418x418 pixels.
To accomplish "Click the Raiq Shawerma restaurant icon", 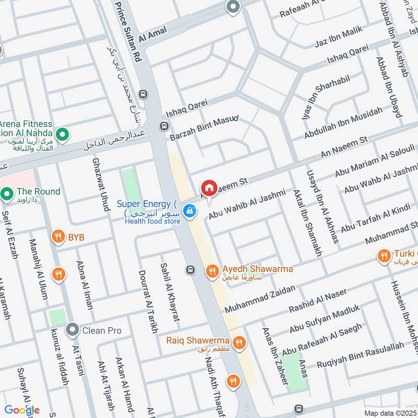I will [x=239, y=343].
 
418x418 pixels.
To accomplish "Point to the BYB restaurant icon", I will [x=58, y=238].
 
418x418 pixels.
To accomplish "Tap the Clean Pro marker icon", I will [x=72, y=330].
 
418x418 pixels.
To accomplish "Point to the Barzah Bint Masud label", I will [x=204, y=129].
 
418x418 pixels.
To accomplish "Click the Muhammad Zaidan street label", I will [x=260, y=299].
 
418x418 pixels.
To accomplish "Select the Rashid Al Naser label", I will [x=318, y=301].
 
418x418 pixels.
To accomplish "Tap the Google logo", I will [x=22, y=410].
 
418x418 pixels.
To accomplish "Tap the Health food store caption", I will [x=153, y=222].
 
